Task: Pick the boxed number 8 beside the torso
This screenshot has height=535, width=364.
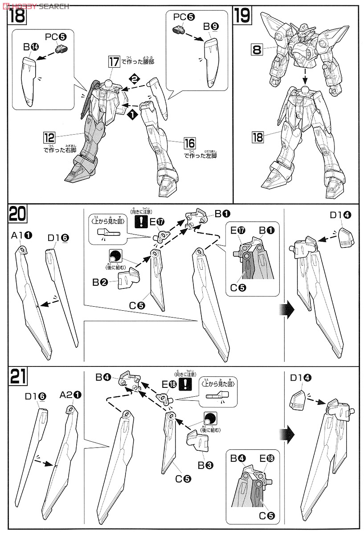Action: click(257, 49)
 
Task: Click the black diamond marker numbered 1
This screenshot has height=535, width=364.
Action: click(132, 114)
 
